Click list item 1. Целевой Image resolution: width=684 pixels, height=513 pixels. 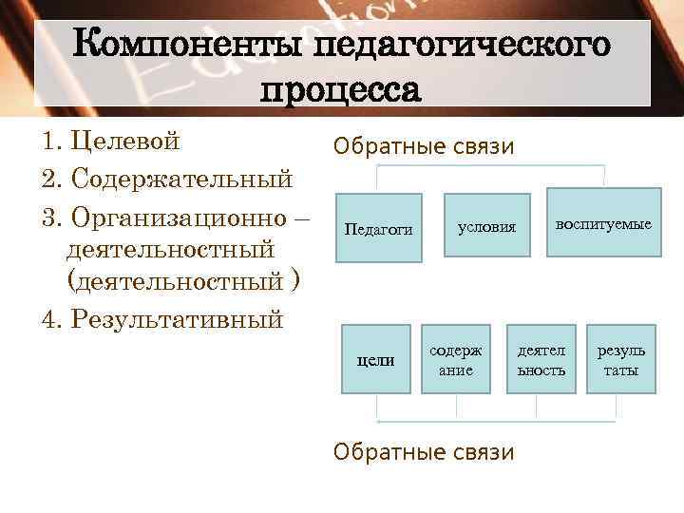tap(111, 142)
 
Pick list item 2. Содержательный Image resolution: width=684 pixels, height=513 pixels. tap(167, 179)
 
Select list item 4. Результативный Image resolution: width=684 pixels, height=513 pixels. tap(162, 318)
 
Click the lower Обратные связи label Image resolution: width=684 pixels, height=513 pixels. tap(424, 451)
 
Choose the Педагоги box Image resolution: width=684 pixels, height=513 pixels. tap(378, 228)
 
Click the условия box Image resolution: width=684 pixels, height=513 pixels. tap(487, 227)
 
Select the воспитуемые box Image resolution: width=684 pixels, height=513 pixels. tap(604, 224)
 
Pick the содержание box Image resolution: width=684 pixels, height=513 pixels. tap(456, 360)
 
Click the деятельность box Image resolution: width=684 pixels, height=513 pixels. tap(541, 360)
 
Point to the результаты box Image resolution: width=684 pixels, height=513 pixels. tap(620, 360)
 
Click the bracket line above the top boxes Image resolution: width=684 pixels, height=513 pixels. tap(491, 166)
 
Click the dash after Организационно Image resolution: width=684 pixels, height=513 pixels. tap(302, 216)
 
